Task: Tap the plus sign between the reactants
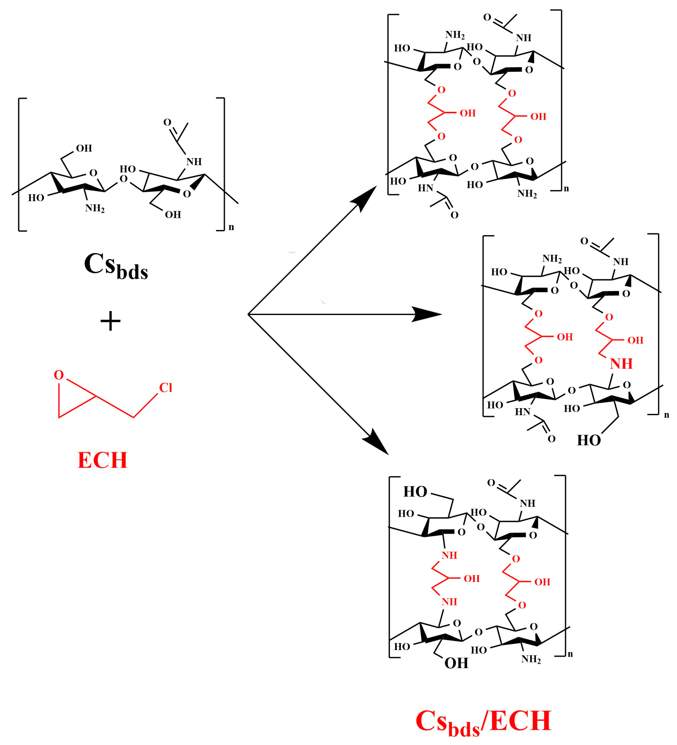coord(110,321)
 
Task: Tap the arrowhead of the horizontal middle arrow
coord(429,314)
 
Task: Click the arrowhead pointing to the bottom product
coord(376,442)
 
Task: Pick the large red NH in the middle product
coord(621,364)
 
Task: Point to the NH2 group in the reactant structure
coord(95,208)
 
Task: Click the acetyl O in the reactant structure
coord(167,122)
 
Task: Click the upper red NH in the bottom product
coord(449,555)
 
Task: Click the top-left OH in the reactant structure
coord(84,148)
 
